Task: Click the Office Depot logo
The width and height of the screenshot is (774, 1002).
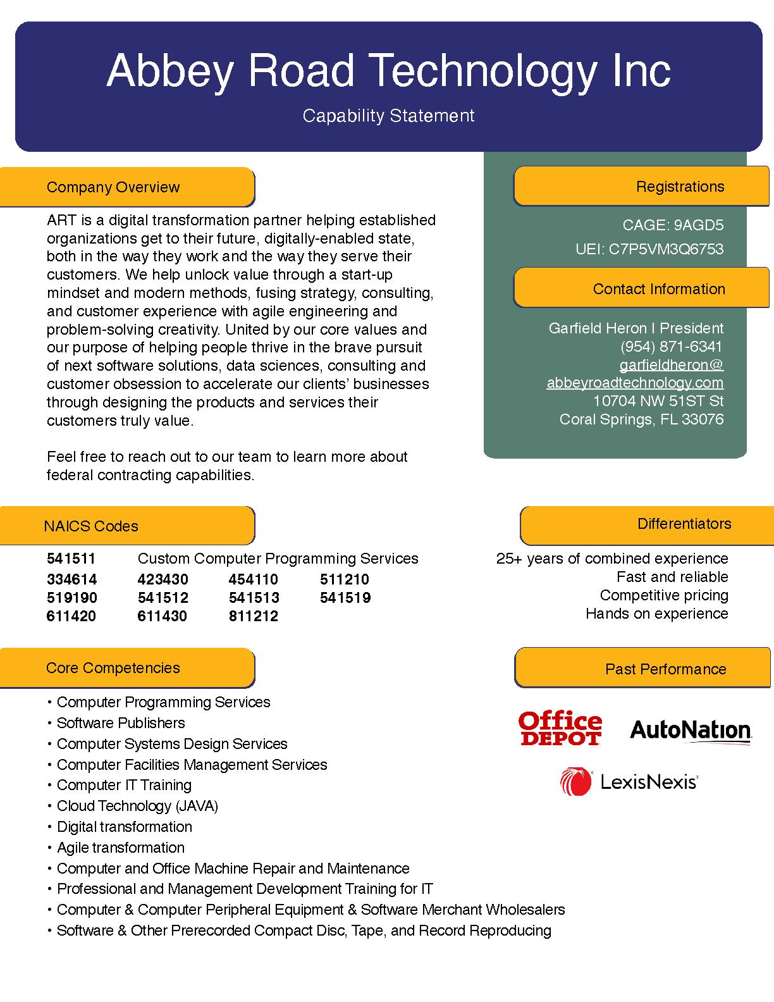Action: (560, 729)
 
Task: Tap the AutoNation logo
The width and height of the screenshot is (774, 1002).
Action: (691, 731)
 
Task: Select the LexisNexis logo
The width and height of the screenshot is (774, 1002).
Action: (629, 782)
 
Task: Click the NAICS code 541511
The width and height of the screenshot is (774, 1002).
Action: (71, 559)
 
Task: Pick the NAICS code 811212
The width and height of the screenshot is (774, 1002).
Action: (253, 616)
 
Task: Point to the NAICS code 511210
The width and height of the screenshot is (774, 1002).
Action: (345, 579)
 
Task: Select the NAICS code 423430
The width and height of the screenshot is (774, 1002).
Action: (163, 579)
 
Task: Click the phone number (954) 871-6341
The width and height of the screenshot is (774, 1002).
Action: (671, 347)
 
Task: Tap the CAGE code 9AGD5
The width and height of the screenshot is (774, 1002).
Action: (698, 225)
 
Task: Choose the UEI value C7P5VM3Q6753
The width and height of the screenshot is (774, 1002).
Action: (666, 249)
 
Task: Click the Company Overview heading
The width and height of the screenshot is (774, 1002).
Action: (113, 187)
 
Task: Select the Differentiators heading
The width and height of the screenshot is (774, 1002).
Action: (684, 524)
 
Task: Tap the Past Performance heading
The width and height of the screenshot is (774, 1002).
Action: (665, 669)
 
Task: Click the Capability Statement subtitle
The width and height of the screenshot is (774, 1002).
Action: (388, 116)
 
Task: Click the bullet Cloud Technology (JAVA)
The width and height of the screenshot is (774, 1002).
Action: (137, 806)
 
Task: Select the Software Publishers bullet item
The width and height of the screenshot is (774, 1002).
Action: (121, 723)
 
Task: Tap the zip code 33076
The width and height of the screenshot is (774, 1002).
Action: (703, 419)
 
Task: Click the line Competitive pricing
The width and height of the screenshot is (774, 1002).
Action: (664, 595)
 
